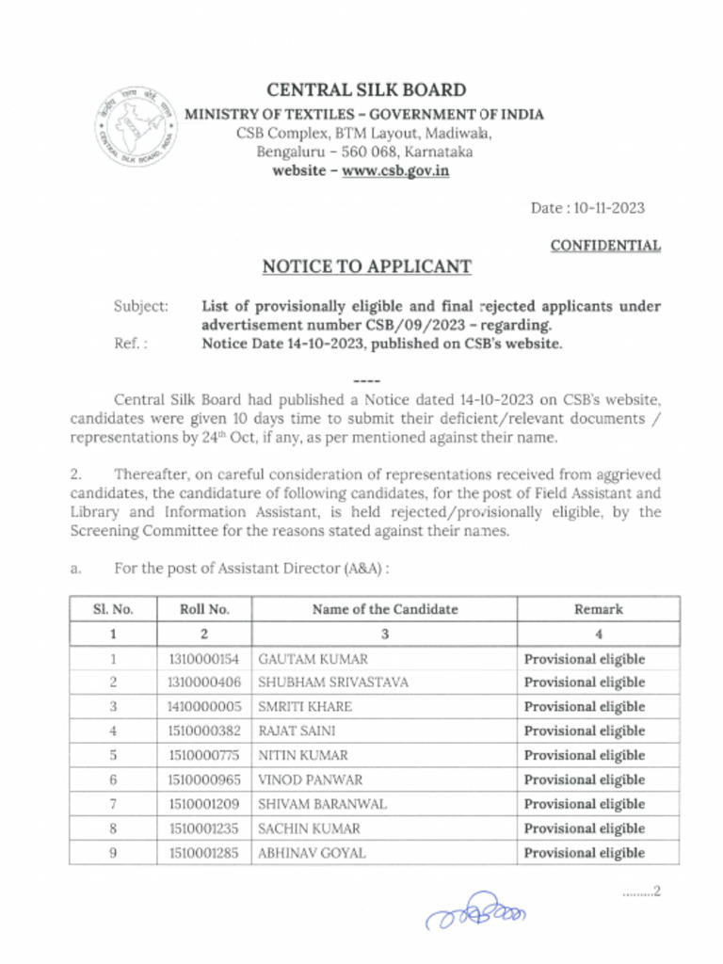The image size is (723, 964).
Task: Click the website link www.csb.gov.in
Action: click(394, 171)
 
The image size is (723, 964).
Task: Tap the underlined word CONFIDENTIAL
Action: click(605, 246)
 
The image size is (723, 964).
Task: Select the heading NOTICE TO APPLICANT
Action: click(366, 266)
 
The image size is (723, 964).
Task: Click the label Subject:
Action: click(141, 307)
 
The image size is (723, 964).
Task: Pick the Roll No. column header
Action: click(204, 609)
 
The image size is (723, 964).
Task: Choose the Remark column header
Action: click(599, 609)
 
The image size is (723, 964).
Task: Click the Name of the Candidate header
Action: click(385, 609)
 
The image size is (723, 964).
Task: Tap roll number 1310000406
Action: click(204, 683)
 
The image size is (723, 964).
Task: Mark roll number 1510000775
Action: click(204, 756)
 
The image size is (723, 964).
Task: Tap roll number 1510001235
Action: click(204, 829)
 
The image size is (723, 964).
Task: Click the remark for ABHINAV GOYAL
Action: click(585, 854)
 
